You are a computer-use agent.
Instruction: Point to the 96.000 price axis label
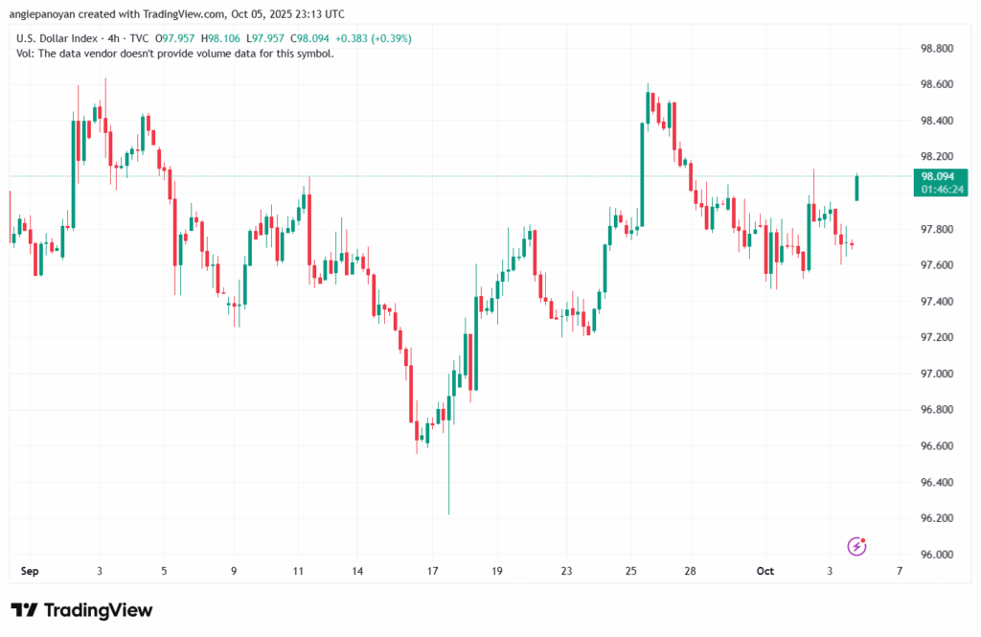[x=935, y=555]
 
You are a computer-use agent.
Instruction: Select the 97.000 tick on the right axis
[x=935, y=374]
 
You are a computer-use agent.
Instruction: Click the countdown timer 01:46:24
[x=943, y=190]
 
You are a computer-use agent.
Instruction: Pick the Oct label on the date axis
[x=764, y=571]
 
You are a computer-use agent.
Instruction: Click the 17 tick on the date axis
[x=432, y=571]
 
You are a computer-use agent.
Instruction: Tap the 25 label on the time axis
[x=630, y=571]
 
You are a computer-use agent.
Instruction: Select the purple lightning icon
[x=857, y=546]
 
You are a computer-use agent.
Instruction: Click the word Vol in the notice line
[x=25, y=54]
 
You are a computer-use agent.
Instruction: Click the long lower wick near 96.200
[x=448, y=479]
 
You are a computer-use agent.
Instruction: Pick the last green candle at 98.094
[x=857, y=188]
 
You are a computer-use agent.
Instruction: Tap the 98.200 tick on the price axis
[x=935, y=156]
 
